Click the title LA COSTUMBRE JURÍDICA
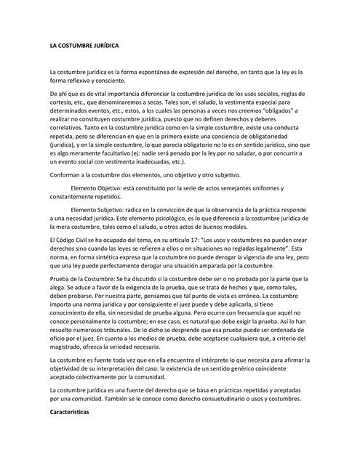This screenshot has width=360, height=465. click(x=84, y=46)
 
